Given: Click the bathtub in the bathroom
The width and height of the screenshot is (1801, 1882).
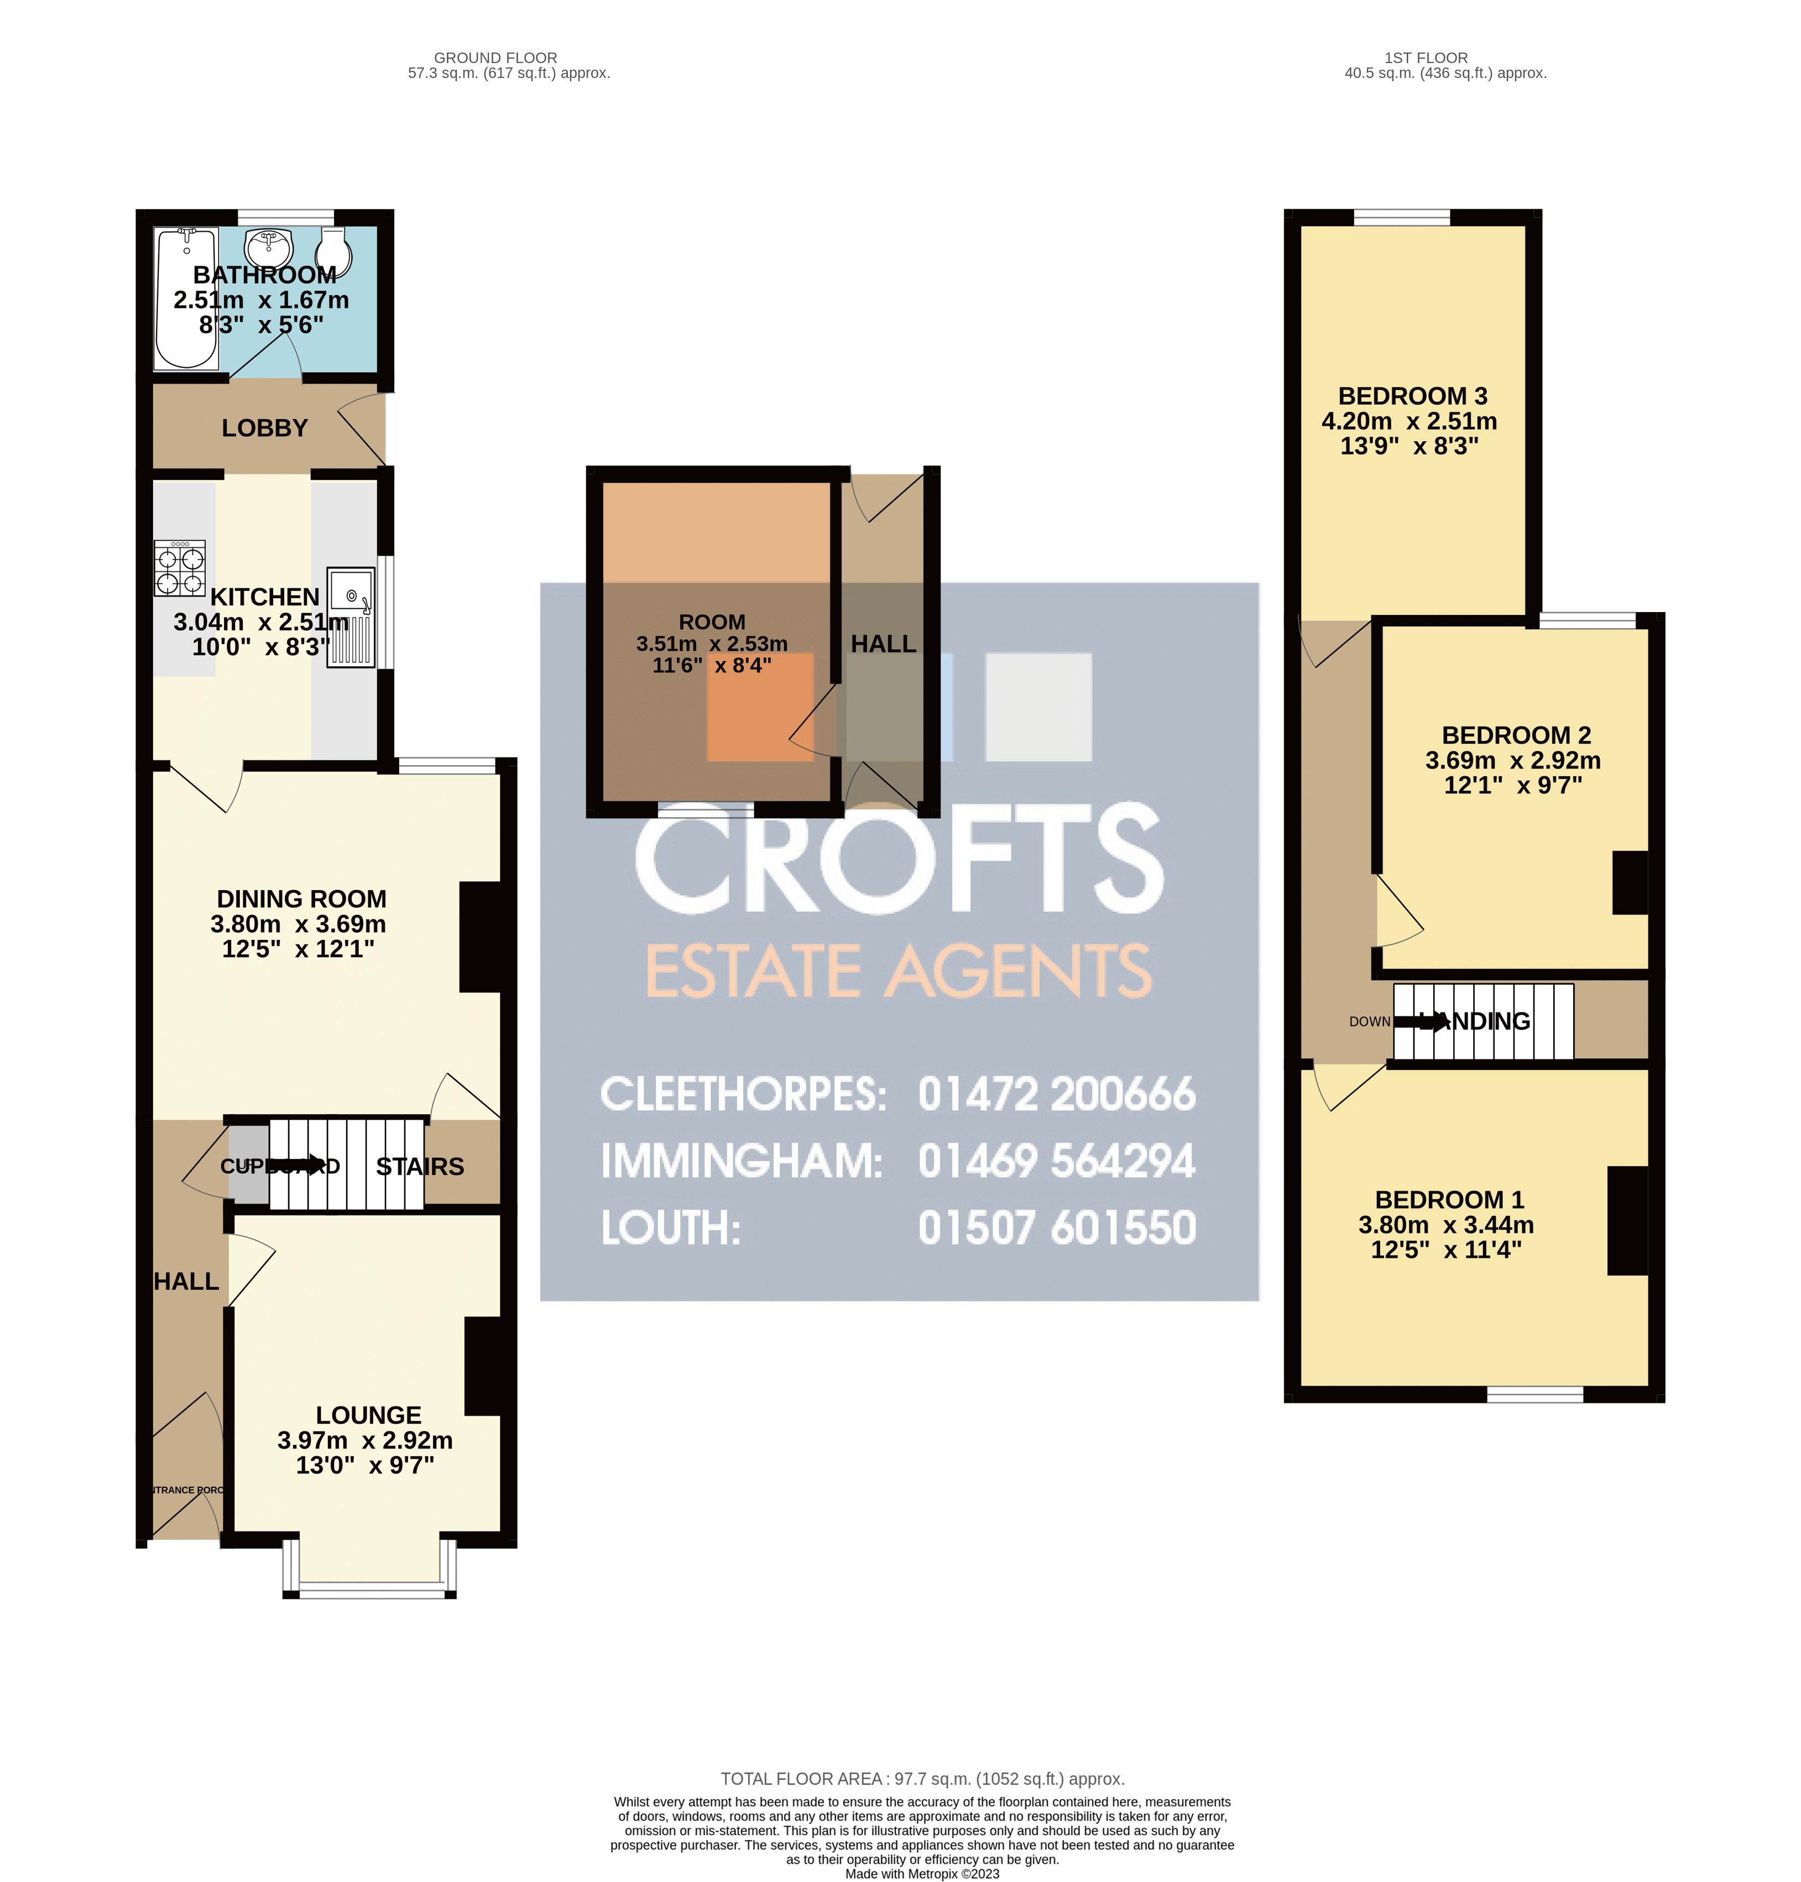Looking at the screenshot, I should point(188,299).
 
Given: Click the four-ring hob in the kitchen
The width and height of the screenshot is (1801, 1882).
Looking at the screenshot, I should point(180,569).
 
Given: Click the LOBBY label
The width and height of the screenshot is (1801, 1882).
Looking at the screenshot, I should point(265,428).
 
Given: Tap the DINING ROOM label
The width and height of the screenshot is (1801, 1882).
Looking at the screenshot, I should point(301,898).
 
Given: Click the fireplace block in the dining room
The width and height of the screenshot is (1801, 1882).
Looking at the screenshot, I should point(480,937).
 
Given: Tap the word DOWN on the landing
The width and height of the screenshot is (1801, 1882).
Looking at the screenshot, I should point(1369,1021).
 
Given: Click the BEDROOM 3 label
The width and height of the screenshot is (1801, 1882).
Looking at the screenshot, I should point(1412,395).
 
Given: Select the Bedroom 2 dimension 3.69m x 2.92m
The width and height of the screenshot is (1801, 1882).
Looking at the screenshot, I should point(1513,760).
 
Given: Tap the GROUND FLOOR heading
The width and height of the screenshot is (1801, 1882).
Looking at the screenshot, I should point(495,57).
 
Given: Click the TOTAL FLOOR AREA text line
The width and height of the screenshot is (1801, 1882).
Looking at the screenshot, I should point(922,1779).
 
